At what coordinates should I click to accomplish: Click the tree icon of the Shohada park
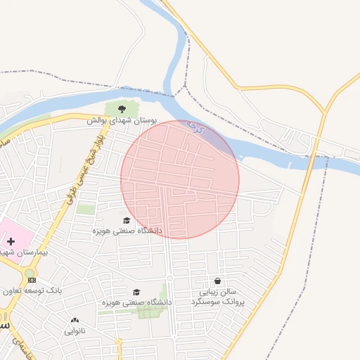click(122, 109)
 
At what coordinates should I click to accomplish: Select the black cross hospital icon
click(11, 241)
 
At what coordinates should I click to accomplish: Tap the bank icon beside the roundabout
click(31, 280)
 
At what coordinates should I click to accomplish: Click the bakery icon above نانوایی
click(75, 320)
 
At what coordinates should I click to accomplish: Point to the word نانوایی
click(75, 330)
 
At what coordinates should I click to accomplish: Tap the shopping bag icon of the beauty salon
click(217, 281)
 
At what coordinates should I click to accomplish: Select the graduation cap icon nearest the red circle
click(127, 220)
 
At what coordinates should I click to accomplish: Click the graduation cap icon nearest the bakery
click(136, 292)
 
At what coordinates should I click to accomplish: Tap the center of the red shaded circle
click(180, 179)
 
